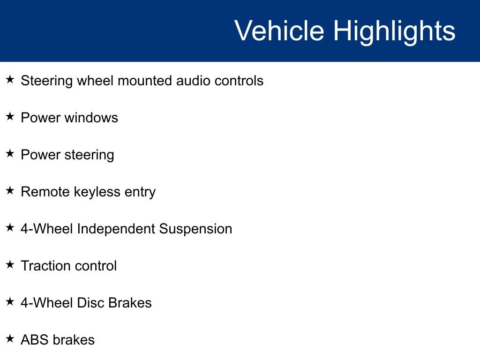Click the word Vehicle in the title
tap(279, 30)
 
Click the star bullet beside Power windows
tap(10, 116)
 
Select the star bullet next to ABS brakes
tap(10, 338)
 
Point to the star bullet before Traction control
tap(10, 264)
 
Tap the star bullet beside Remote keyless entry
tap(10, 190)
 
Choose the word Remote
tap(45, 192)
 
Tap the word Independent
tap(116, 229)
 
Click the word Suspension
tap(195, 229)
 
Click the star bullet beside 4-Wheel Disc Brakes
tap(10, 301)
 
